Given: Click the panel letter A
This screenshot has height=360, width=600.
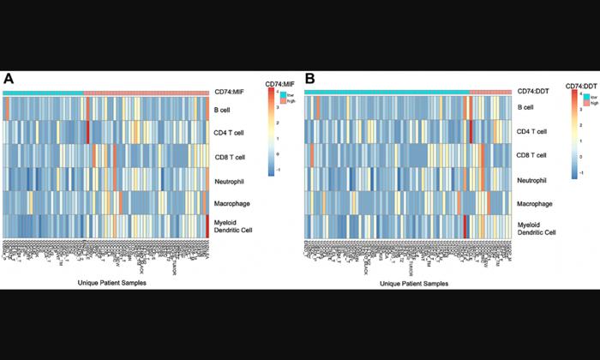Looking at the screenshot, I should coord(9,79).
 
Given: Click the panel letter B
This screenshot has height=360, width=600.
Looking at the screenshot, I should coord(310,79).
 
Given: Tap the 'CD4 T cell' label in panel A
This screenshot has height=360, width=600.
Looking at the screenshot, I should coord(230,133).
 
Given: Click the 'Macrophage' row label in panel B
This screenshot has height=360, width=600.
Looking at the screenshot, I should coord(535,204).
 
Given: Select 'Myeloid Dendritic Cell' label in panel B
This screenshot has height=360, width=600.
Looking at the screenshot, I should coord(536,228).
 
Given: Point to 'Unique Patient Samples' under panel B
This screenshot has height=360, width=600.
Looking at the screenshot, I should coord(413,282).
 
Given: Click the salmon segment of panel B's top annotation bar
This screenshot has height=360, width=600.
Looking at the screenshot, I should coord(489,91).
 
